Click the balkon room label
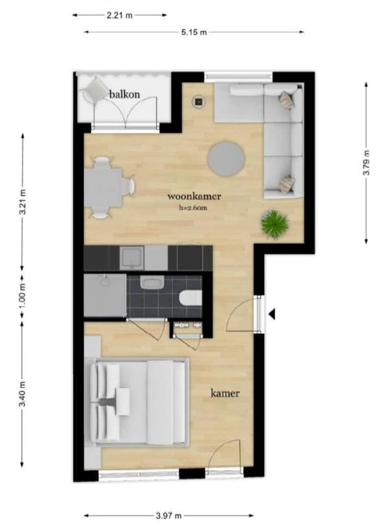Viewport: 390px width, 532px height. click(x=125, y=94)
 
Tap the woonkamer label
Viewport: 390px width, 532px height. click(x=195, y=196)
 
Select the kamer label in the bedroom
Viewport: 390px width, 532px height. click(x=225, y=393)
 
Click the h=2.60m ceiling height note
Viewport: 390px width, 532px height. click(x=193, y=208)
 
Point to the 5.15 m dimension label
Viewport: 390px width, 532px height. click(x=193, y=32)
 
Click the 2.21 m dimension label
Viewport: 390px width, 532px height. click(x=120, y=16)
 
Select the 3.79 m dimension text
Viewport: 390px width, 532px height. click(x=367, y=163)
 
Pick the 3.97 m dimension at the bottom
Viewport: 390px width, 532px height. click(x=169, y=516)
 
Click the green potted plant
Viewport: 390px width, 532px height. click(x=275, y=224)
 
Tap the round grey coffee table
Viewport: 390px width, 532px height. click(x=226, y=158)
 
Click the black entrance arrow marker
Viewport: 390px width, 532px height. click(x=272, y=314)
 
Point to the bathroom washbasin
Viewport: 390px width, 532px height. click(x=152, y=283)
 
